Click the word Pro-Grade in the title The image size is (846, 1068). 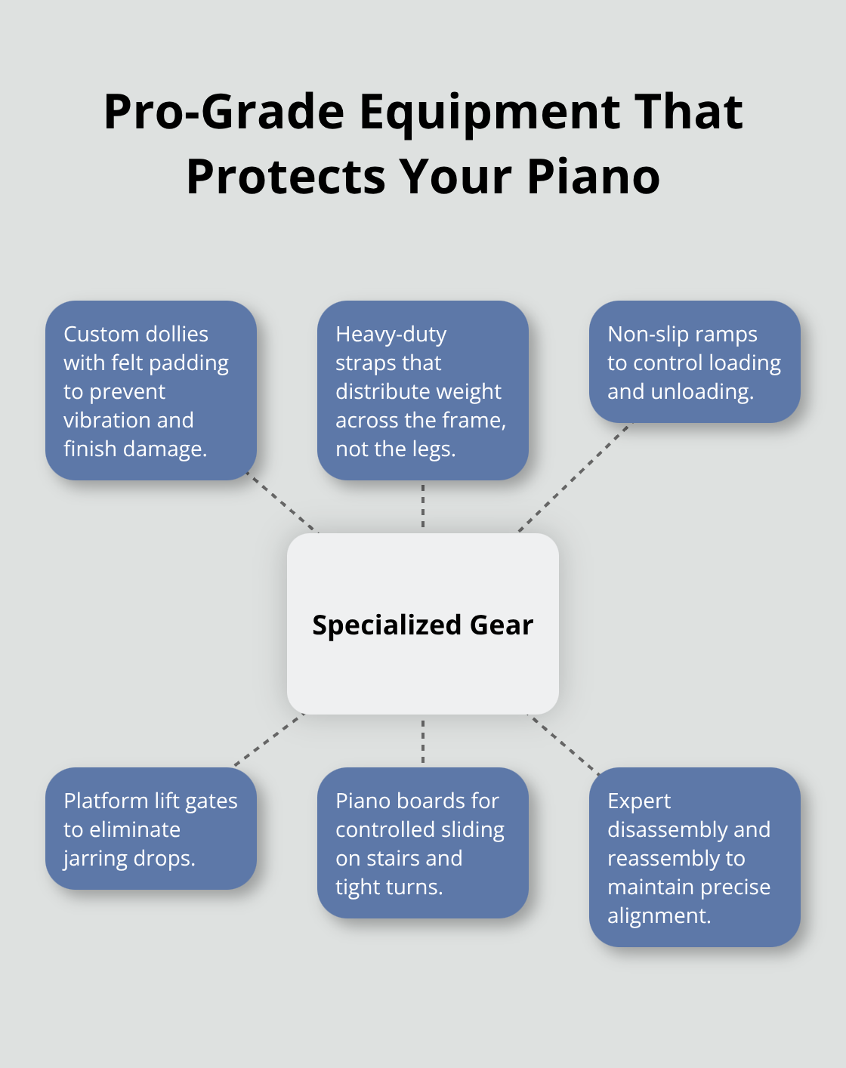tap(224, 112)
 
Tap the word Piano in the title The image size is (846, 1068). tap(593, 177)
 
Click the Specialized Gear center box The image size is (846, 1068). tap(423, 624)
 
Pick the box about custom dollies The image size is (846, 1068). tap(151, 390)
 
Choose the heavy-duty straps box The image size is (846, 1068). tap(423, 390)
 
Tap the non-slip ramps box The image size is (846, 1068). tap(694, 362)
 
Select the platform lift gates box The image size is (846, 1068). tap(151, 829)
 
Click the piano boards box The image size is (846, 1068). tap(423, 843)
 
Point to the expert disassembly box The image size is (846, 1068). tap(694, 857)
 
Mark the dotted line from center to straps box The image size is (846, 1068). tap(423, 507)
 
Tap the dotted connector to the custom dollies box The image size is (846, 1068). tap(283, 504)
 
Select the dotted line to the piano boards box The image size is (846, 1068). tap(423, 741)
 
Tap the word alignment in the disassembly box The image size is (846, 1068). tap(659, 915)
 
